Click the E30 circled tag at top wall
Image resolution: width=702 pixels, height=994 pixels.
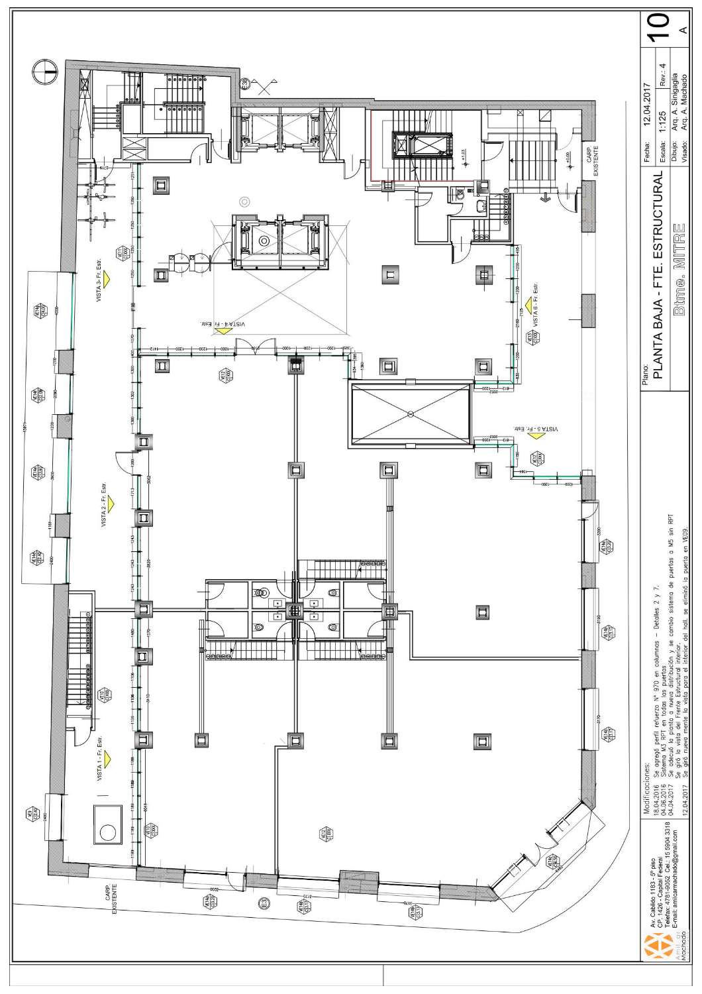[x=244, y=83]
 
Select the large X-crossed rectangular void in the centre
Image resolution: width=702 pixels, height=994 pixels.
[x=411, y=414]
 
